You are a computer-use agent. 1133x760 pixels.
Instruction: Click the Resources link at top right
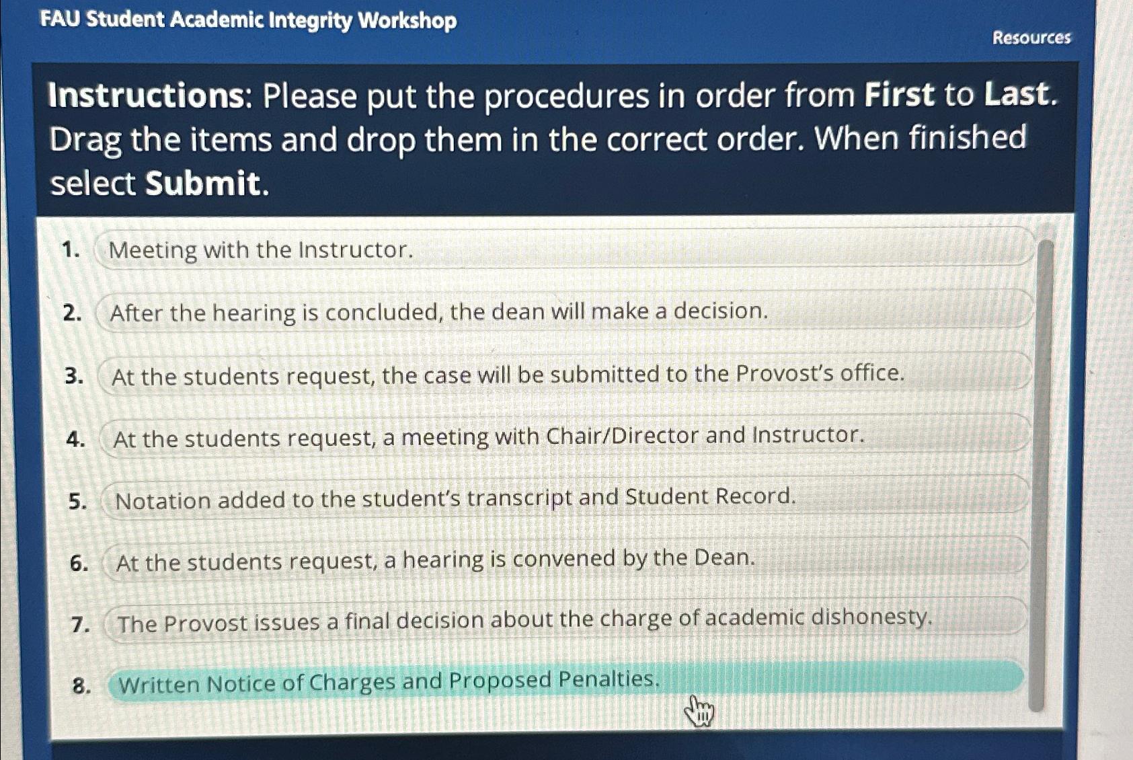[1031, 38]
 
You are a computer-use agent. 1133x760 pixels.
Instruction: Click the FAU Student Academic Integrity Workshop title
[248, 20]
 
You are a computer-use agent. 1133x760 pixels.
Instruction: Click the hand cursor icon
[699, 711]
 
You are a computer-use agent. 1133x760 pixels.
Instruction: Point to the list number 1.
[70, 250]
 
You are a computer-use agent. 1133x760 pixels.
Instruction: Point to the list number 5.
[77, 501]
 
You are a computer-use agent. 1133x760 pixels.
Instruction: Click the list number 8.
[81, 686]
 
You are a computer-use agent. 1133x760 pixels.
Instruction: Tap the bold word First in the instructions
[899, 95]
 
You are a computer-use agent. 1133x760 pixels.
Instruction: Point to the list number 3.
[74, 376]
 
